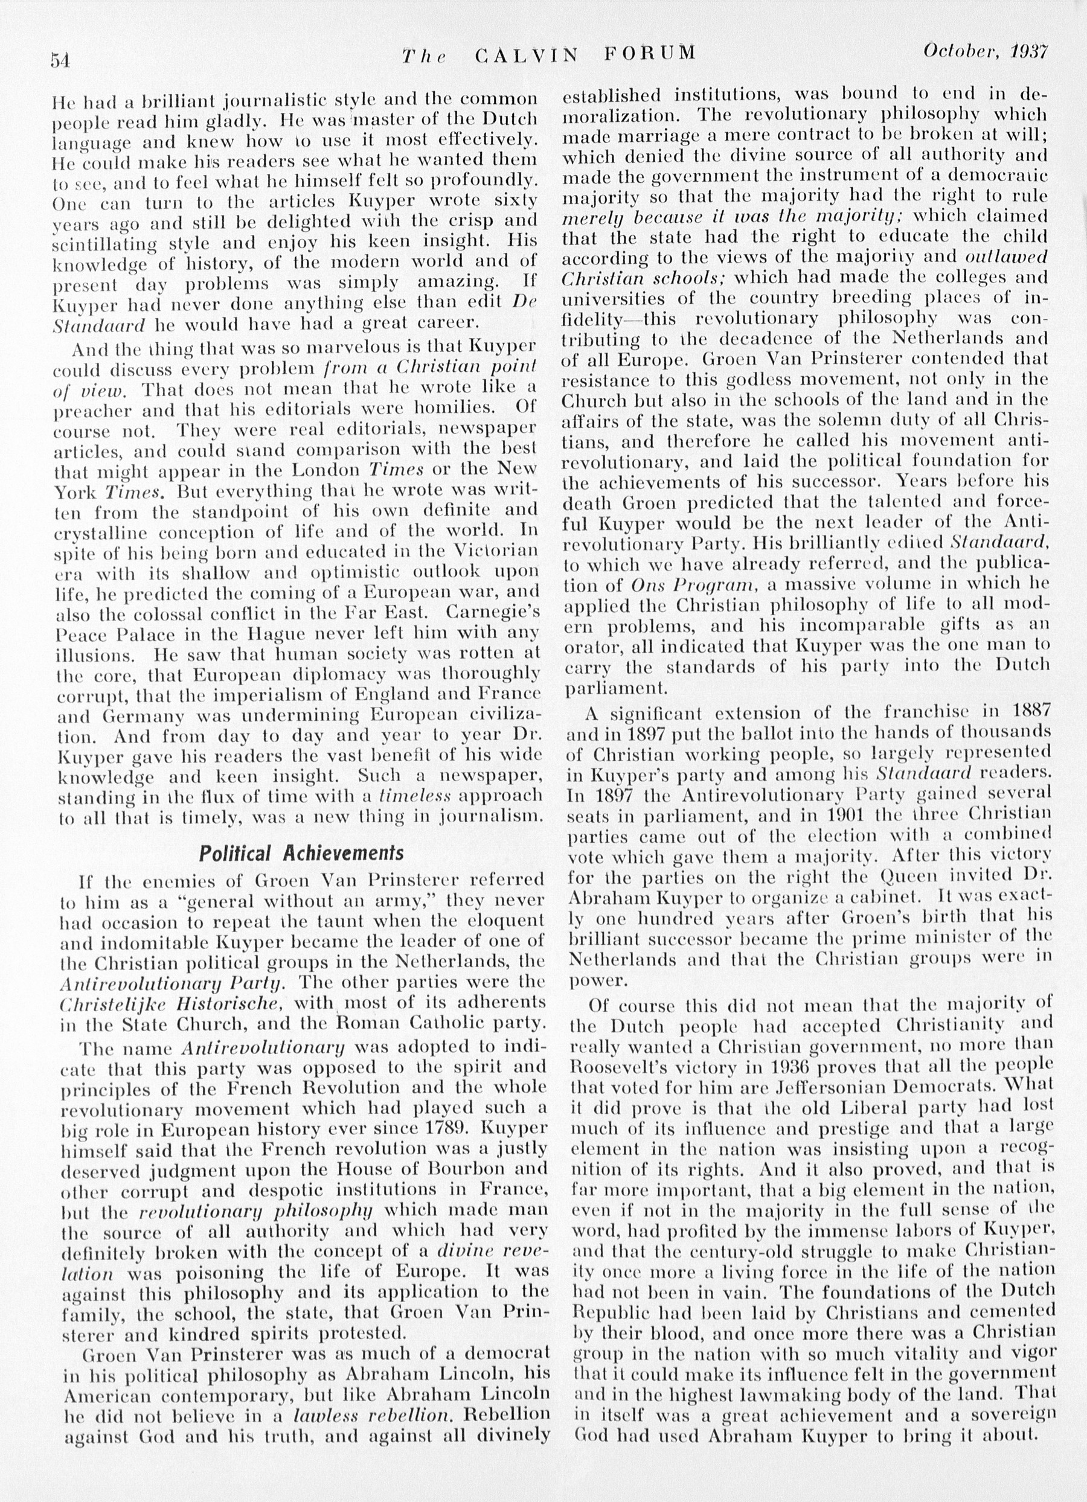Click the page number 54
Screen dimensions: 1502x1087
tap(60, 60)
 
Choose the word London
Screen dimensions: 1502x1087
tap(327, 470)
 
